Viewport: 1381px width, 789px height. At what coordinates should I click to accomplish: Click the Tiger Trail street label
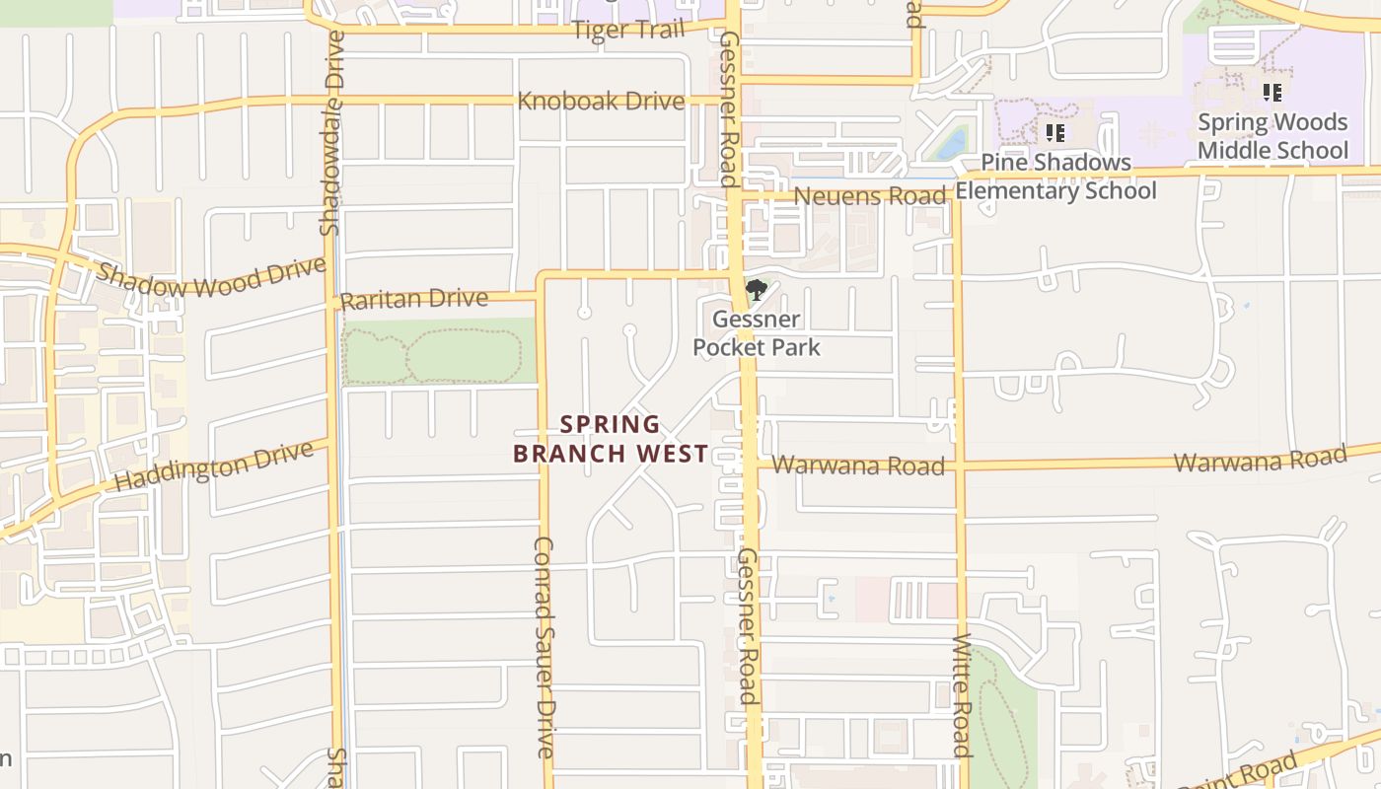[x=627, y=30]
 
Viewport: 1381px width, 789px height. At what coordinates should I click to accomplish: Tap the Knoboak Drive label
[x=601, y=101]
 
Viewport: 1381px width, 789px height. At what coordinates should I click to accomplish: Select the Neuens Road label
[x=869, y=195]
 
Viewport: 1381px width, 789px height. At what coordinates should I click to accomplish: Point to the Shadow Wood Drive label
[x=211, y=277]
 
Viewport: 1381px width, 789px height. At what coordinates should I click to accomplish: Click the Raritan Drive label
[x=413, y=299]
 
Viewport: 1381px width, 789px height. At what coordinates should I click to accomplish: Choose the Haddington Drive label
[x=214, y=466]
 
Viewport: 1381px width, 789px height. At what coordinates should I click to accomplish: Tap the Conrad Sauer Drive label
[x=544, y=646]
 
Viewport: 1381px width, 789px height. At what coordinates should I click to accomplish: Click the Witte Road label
[x=962, y=694]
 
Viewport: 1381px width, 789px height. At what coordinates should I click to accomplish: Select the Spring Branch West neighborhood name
[x=611, y=439]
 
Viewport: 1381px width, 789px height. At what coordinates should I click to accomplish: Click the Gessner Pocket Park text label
[x=756, y=333]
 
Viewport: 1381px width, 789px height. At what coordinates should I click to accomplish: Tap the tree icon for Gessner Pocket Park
[x=756, y=290]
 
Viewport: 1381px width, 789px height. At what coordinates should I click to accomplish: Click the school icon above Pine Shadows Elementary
[x=1054, y=132]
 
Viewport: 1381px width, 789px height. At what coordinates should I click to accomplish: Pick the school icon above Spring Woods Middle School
[x=1272, y=93]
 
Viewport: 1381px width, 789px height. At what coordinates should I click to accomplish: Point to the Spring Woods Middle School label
[x=1272, y=136]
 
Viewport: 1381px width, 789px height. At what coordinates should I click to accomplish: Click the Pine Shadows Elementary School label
[x=1055, y=177]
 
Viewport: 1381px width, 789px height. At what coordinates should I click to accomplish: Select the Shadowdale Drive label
[x=332, y=133]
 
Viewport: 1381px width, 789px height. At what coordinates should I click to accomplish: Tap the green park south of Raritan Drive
[x=439, y=352]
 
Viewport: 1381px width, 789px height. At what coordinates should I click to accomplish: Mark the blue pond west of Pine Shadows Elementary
[x=952, y=144]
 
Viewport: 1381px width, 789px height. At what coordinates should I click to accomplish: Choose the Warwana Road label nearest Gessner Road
[x=857, y=465]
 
